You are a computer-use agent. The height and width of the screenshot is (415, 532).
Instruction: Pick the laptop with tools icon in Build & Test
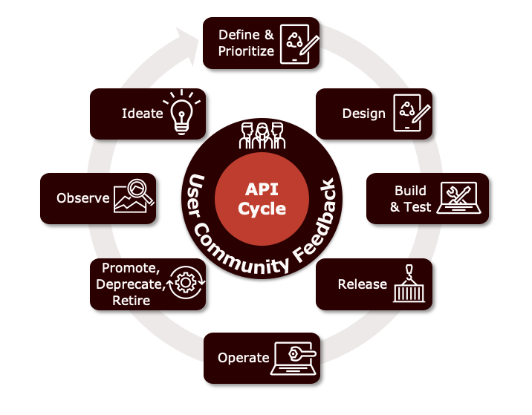point(461,197)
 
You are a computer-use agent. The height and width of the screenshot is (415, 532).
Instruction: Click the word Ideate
point(142,114)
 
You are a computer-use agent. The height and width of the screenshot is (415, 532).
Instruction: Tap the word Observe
point(83,198)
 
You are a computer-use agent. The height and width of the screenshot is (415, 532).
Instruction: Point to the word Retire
point(131,301)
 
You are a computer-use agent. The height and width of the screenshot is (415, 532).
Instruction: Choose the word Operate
point(243,358)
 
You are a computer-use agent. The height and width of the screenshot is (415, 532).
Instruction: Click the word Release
point(363,284)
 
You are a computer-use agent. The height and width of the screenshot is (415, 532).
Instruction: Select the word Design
point(364,114)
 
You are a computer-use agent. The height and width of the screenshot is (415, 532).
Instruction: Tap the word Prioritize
point(246,51)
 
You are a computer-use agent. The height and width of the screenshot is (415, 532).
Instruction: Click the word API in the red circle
point(262,189)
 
